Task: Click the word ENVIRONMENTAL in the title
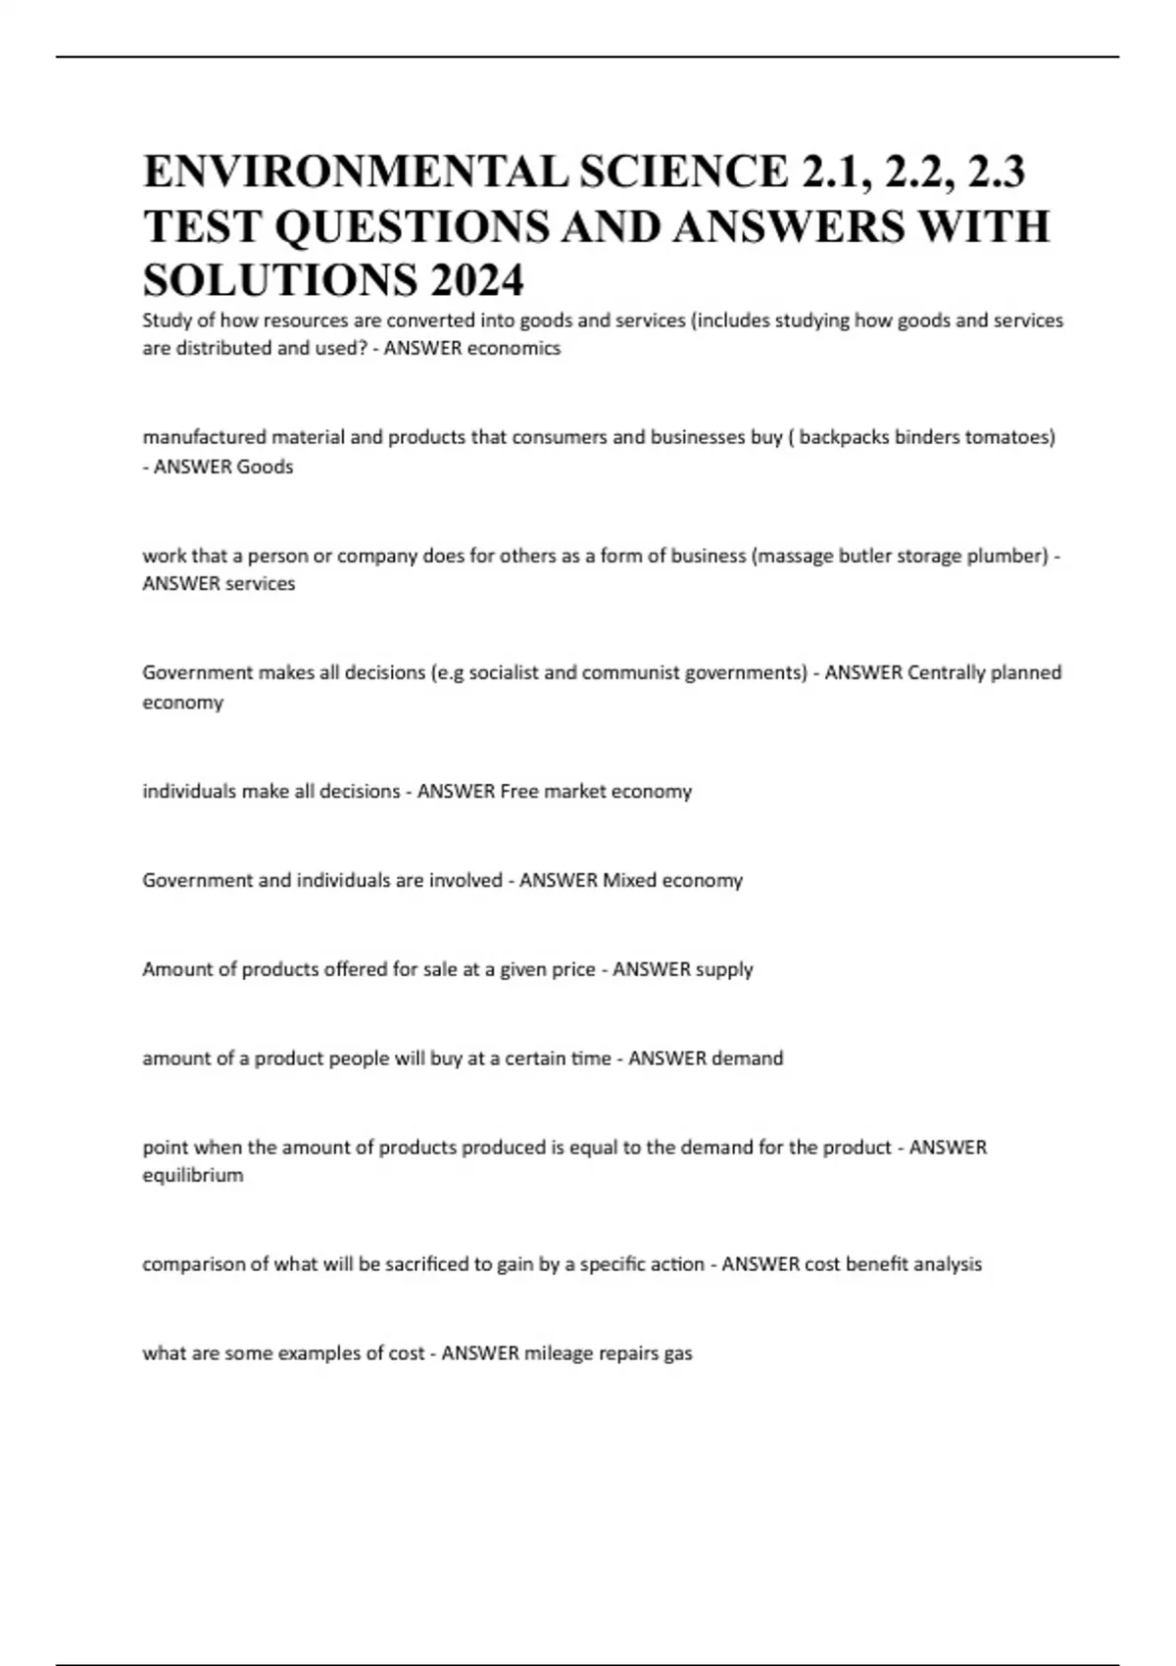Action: (354, 171)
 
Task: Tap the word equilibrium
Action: (193, 1175)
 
